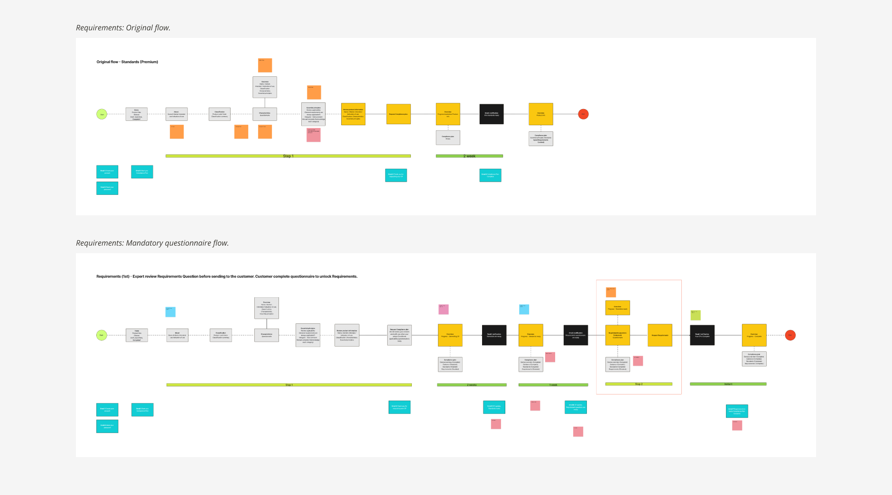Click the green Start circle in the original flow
coord(102,114)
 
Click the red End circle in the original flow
coord(583,114)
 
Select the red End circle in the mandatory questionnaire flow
coord(790,335)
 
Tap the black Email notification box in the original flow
coord(491,114)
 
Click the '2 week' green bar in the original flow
coord(469,156)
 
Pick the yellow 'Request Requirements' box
coord(660,335)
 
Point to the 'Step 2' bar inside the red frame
coord(639,384)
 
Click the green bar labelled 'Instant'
coord(728,384)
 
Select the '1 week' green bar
coord(553,385)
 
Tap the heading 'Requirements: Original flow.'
coord(123,28)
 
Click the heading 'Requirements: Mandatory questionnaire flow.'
coord(152,243)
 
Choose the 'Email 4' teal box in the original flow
coord(396,175)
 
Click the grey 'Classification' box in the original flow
coord(220,114)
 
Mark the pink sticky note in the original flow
coord(313,135)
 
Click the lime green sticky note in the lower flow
coord(695,315)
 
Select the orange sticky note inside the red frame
coord(611,292)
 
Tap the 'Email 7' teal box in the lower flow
coord(737,411)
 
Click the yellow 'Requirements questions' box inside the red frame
coord(617,335)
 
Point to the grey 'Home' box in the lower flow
coord(137,335)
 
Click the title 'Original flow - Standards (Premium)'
coord(127,62)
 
